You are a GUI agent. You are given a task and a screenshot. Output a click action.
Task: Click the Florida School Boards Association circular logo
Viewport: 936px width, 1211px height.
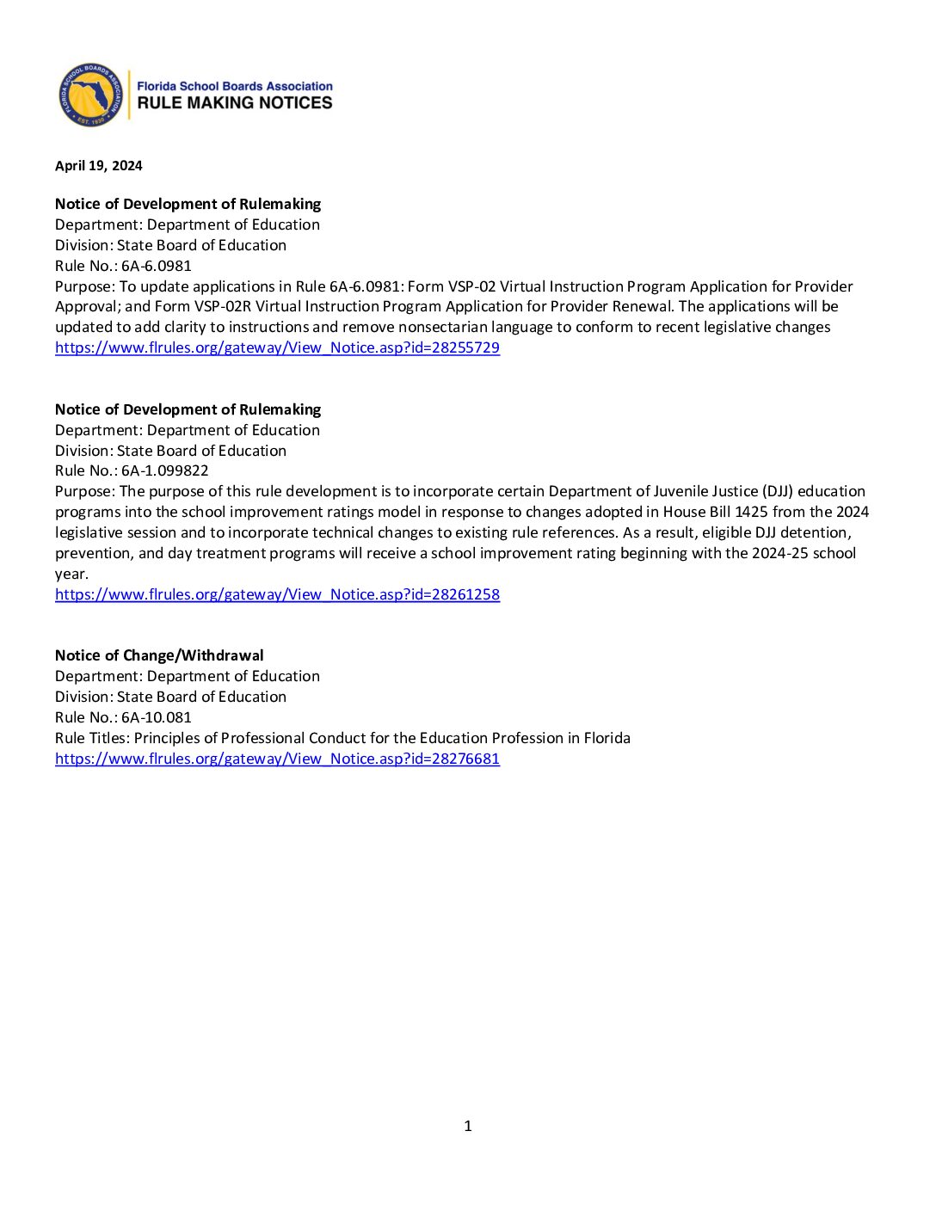[90, 95]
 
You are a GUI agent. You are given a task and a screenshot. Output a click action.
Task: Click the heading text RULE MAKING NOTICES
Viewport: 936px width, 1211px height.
[235, 103]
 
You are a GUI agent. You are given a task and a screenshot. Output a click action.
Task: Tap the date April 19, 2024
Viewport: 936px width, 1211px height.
[99, 166]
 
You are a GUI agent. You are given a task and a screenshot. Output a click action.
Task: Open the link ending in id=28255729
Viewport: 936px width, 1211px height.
[277, 347]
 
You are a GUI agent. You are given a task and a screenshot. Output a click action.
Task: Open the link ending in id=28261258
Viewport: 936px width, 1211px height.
[277, 594]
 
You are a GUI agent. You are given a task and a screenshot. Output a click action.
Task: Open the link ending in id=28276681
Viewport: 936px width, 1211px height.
[277, 759]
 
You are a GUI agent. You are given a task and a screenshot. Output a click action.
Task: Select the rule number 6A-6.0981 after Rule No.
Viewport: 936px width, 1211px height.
[157, 266]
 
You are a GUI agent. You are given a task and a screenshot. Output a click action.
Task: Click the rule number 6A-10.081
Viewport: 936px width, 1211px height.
[157, 717]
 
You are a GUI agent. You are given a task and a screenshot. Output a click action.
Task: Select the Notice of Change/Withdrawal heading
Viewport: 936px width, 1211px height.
[159, 655]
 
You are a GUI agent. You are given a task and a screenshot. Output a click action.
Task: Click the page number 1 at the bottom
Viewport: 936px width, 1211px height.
[468, 1126]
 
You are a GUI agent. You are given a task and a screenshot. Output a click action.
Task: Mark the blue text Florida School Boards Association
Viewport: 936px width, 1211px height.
[235, 86]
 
